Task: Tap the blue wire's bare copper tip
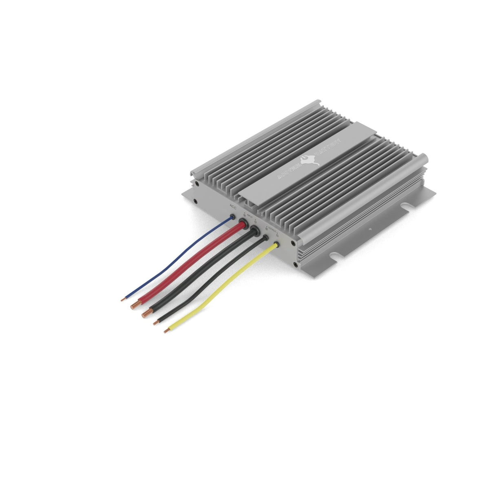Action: (x=123, y=300)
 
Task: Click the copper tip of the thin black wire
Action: (x=155, y=323)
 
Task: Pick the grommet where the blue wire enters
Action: (x=233, y=217)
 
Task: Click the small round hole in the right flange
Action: (x=370, y=230)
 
